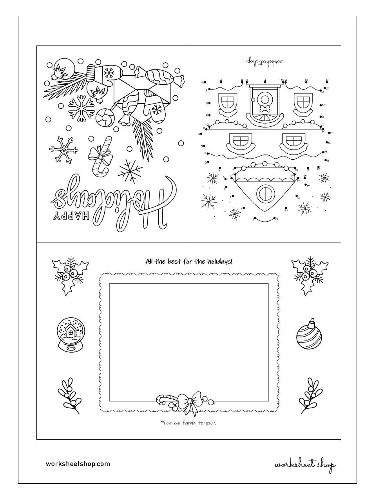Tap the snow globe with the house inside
coord(69,335)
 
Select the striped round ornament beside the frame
coord(308,335)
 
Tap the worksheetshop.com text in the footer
coord(78,464)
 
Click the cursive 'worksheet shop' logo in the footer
coord(305,465)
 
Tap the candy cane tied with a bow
coord(99,157)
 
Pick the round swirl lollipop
coord(106,117)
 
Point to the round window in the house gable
coord(265,193)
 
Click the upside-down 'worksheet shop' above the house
coord(265,61)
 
